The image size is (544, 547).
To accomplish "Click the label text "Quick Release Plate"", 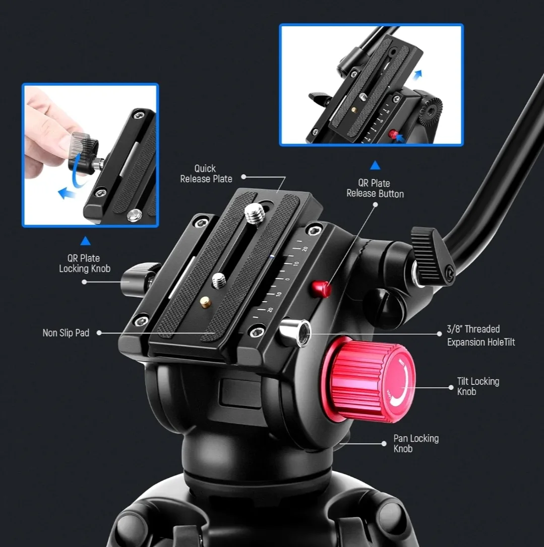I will (206, 174).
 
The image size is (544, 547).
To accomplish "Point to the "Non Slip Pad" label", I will (66, 333).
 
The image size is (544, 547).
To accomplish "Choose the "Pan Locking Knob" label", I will (416, 443).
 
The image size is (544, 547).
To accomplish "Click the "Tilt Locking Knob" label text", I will (478, 386).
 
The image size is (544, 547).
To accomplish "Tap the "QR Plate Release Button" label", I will (375, 188).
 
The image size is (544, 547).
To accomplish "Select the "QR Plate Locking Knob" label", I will (85, 263).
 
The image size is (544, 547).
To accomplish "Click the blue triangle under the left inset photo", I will (85, 241).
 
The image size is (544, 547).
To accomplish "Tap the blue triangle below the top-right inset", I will (375, 165).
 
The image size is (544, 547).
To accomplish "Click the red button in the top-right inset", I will (393, 134).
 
